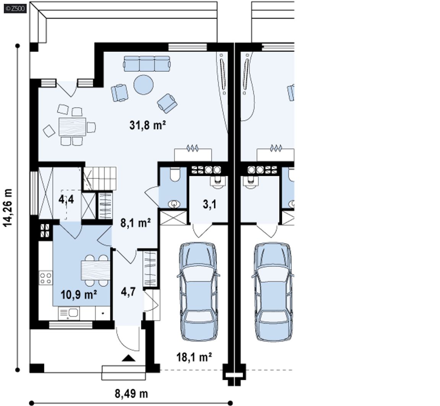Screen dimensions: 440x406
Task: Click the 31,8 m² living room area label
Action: (147, 125)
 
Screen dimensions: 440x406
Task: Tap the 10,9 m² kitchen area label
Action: (79, 295)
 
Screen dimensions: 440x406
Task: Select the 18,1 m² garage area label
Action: (194, 357)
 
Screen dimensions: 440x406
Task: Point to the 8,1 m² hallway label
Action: (136, 223)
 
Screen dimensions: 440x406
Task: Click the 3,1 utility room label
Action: (209, 205)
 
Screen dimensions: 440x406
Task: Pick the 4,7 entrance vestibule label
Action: (128, 292)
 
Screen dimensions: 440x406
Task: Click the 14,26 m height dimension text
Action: (8, 207)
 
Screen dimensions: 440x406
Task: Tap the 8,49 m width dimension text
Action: (131, 394)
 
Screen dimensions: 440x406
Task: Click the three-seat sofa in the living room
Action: (147, 63)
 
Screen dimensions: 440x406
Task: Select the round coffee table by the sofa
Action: (143, 84)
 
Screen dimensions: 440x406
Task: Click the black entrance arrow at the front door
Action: (128, 358)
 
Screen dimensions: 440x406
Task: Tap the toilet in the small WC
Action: (175, 174)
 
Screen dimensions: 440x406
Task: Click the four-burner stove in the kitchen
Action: (45, 277)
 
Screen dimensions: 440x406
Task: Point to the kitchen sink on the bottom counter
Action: (69, 313)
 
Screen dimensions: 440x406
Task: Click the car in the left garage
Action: (198, 292)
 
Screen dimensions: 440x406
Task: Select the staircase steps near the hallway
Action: (100, 178)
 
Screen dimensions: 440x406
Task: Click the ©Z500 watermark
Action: (15, 8)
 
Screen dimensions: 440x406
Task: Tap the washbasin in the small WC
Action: (175, 203)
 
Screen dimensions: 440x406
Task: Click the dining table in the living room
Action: (72, 127)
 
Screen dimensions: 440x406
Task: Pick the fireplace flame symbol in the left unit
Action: (192, 148)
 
